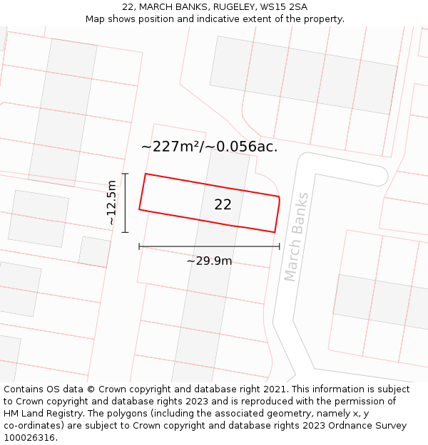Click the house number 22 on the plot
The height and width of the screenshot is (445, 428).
pyautogui.click(x=223, y=205)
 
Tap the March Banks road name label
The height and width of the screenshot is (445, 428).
pyautogui.click(x=297, y=236)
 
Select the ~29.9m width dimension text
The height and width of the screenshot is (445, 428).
pyautogui.click(x=209, y=261)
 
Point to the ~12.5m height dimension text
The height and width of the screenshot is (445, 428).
pyautogui.click(x=112, y=203)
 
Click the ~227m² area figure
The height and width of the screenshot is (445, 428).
pyautogui.click(x=170, y=147)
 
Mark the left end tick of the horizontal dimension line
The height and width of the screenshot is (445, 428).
pyautogui.click(x=139, y=246)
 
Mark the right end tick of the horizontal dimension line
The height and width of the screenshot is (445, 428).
pyautogui.click(x=280, y=246)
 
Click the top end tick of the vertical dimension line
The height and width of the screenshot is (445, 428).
pyautogui.click(x=126, y=174)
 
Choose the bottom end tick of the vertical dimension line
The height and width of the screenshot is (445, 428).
pyautogui.click(x=126, y=232)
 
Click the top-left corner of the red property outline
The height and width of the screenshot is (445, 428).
pyautogui.click(x=146, y=174)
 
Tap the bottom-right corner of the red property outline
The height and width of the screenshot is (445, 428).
pyautogui.click(x=275, y=231)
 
